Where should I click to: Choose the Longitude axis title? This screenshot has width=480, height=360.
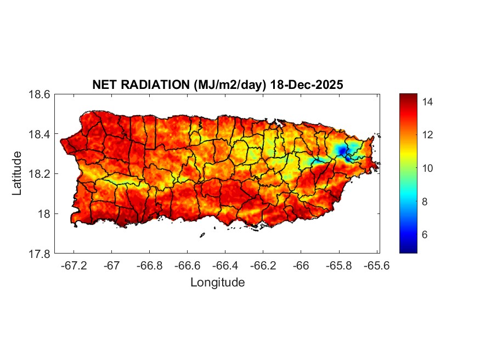tap(217, 283)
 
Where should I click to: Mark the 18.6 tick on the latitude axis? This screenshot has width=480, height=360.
tap(39, 94)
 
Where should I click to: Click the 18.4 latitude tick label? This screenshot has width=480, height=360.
tap(39, 134)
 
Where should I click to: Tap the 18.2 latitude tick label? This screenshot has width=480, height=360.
tap(39, 174)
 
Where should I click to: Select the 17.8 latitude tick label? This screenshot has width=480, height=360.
tap(39, 254)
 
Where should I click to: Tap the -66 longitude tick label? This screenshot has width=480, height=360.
tap(300, 266)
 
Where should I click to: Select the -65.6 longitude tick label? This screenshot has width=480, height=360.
tap(375, 266)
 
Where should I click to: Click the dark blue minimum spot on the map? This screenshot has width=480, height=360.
tap(342, 150)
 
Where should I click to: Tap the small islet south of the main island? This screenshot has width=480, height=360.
tap(202, 235)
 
